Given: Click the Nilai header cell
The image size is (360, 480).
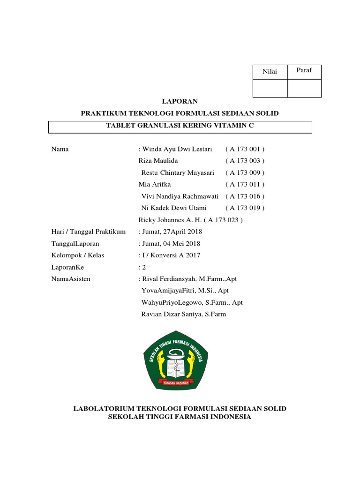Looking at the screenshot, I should pos(270,72).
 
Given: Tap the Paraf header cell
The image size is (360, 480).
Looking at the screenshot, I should pos(304,71).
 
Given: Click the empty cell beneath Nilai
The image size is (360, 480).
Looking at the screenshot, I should pos(270,88).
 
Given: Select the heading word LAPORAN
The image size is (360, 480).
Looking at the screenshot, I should pos(180,101).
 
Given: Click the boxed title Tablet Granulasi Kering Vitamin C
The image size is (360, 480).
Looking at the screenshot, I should pos(180,126).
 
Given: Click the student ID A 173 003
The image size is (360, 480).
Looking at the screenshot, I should pos(245,161).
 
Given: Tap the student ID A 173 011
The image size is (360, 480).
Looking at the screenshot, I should pos(245,184).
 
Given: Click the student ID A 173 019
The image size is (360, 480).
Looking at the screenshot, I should pos(245,208).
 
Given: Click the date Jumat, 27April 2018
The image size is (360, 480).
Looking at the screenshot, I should pos(172,232).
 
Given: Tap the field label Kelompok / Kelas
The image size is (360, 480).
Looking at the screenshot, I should pos(77,255).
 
